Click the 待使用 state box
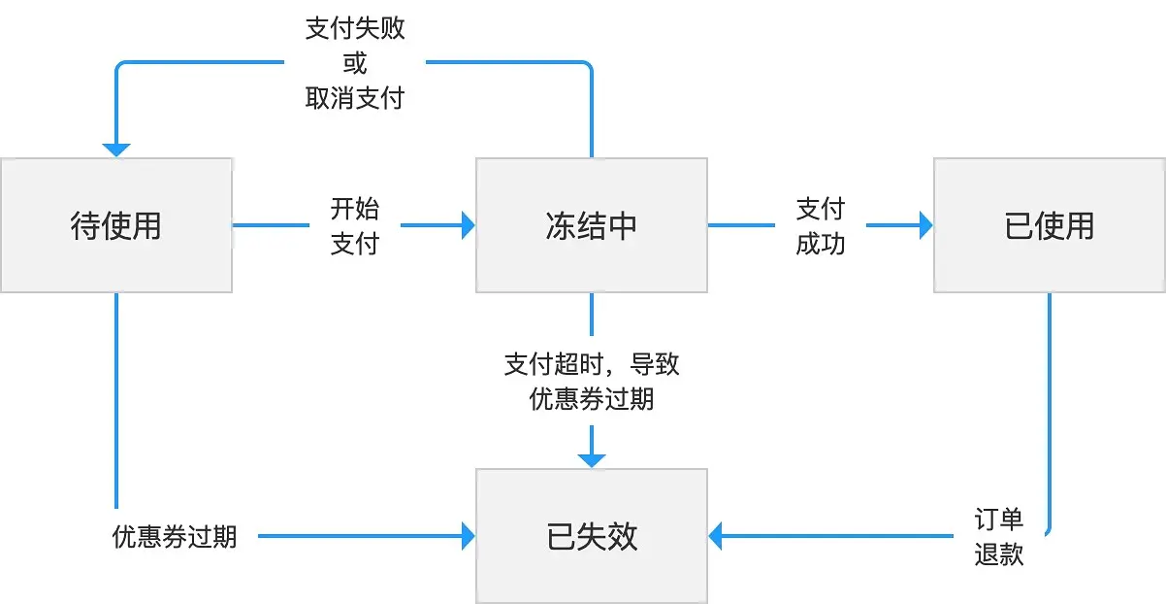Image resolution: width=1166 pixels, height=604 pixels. [x=116, y=225]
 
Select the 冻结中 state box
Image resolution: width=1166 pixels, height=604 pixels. [x=592, y=225]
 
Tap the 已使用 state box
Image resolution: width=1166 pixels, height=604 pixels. [x=1050, y=225]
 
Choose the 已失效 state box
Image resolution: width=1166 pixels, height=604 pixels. [x=592, y=536]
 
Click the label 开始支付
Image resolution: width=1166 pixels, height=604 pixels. [x=355, y=225]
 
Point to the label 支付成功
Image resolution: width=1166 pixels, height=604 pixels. [x=821, y=225]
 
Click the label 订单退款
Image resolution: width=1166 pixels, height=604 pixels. [x=999, y=536]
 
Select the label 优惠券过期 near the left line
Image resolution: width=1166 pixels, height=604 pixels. [x=175, y=536]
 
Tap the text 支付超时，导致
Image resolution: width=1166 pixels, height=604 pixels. [x=592, y=365]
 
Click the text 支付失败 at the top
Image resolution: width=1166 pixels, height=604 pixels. [x=355, y=28]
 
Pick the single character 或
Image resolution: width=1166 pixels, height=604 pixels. [x=355, y=63]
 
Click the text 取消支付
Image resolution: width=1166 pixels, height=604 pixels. [x=355, y=98]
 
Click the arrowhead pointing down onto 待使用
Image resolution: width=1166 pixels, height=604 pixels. [x=116, y=151]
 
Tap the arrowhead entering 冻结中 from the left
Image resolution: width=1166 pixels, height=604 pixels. [x=469, y=225]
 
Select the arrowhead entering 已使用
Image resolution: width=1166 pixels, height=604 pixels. [x=926, y=225]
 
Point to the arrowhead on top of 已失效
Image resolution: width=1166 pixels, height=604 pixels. [x=592, y=460]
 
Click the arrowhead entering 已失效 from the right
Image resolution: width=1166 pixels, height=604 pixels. [x=716, y=535]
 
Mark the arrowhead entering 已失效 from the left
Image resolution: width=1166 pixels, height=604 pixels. [x=469, y=535]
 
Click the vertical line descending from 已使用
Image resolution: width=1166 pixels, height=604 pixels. [x=1050, y=408]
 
